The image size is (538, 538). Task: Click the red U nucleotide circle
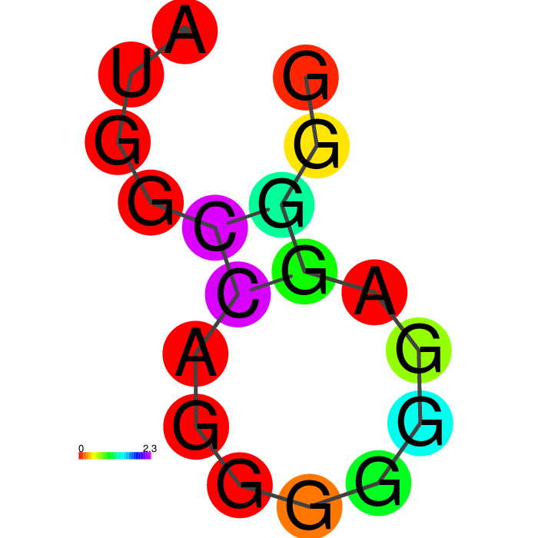click(131, 74)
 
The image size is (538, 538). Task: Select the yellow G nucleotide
click(317, 145)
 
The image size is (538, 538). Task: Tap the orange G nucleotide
click(310, 506)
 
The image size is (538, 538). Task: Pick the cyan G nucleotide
click(420, 423)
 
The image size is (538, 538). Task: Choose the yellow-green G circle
click(419, 350)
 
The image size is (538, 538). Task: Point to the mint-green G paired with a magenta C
click(282, 205)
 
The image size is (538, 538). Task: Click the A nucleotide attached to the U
click(185, 31)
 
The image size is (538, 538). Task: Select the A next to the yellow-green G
click(375, 292)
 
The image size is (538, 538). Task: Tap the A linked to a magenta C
click(195, 354)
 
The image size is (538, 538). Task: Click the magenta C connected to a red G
click(214, 227)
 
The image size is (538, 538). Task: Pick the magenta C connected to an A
click(237, 294)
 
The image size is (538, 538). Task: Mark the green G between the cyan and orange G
click(378, 483)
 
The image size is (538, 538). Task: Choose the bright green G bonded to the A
click(304, 271)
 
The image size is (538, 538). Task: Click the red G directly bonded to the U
click(118, 142)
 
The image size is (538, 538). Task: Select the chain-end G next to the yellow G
click(306, 78)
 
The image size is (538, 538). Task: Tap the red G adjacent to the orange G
click(240, 485)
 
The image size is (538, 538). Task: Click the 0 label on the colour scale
click(81, 448)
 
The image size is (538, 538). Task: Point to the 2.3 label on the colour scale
click(150, 448)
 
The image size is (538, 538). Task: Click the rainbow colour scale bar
click(115, 456)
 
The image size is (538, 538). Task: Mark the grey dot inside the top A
click(185, 30)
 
